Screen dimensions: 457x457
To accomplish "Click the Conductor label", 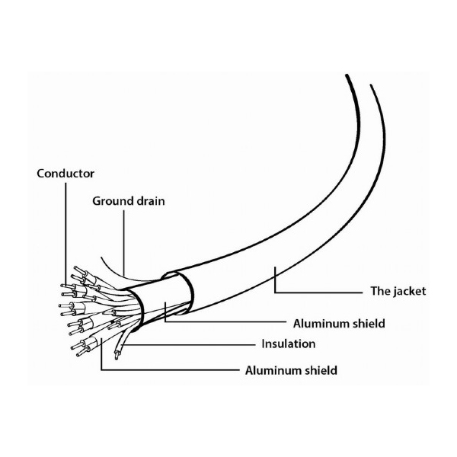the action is click(x=66, y=174).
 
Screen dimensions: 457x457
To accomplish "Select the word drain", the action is click(x=149, y=201).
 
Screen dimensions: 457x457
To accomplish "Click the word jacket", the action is click(x=410, y=291).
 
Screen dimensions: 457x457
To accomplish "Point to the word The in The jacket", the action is click(x=380, y=291).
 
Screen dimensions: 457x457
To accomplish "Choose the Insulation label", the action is click(x=289, y=344).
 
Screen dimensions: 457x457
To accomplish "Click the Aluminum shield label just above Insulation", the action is click(x=339, y=324).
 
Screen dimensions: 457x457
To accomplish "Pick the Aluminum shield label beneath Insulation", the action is click(x=291, y=370).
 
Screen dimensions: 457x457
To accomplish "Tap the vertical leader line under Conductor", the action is click(x=66, y=234).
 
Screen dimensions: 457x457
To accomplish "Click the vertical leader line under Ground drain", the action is click(x=123, y=244).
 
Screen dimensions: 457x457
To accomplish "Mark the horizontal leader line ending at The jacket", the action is click(x=318, y=292).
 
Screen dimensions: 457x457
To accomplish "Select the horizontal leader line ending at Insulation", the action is click(x=189, y=345).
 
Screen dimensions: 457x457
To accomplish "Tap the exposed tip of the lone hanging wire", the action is click(x=117, y=356).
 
